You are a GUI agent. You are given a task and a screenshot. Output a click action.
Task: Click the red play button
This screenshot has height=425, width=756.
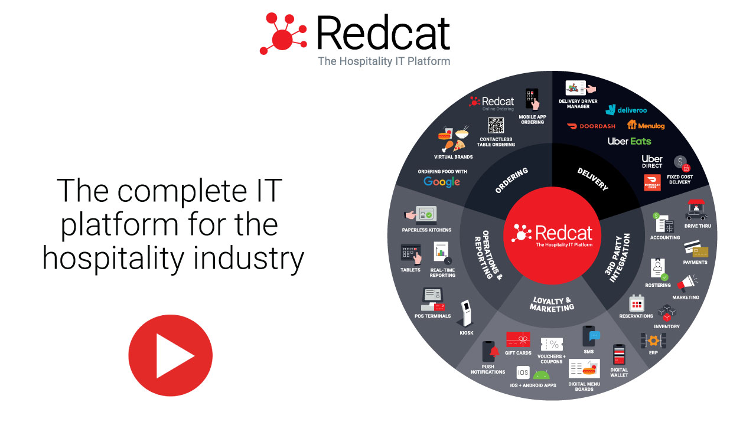[170, 355]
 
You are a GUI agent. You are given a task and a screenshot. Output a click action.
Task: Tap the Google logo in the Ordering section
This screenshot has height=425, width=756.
[442, 182]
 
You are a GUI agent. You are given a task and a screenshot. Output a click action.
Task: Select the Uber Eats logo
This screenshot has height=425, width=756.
[629, 141]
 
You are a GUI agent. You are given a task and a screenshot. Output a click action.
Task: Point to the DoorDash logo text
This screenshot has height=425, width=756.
[591, 126]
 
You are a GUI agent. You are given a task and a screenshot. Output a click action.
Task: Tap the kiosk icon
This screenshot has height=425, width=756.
[467, 313]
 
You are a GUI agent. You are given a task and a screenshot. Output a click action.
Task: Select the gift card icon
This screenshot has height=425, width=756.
[518, 339]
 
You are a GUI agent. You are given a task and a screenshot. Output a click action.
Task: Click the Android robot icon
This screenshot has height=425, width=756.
[541, 374]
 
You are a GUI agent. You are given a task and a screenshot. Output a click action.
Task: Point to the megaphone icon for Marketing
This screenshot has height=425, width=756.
[686, 283]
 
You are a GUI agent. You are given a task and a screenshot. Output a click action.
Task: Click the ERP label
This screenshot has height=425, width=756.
[653, 352]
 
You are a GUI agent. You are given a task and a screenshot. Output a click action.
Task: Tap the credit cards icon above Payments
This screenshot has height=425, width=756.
[696, 250]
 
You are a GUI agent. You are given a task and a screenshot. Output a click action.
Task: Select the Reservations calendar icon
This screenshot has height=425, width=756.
[636, 303]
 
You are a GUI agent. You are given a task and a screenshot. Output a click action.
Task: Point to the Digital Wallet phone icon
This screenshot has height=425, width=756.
[619, 355]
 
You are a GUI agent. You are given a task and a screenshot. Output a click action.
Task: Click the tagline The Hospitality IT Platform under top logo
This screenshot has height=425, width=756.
[384, 61]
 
